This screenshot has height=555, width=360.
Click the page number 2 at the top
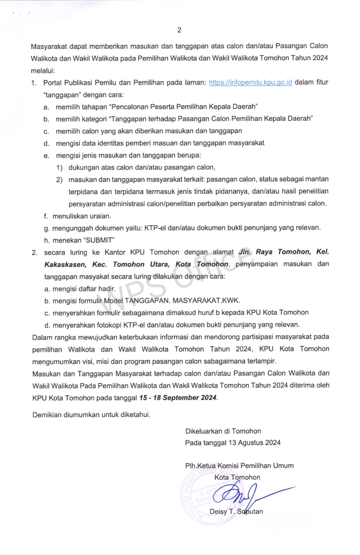pos(179,30)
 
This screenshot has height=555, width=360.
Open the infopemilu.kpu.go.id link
pos(250,83)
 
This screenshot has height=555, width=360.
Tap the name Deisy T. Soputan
pos(236,512)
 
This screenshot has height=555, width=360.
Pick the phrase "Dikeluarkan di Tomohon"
pos(223,431)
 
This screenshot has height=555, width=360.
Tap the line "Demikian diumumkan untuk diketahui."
pos(91,414)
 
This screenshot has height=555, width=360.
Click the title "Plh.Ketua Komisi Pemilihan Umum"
pos(239,465)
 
